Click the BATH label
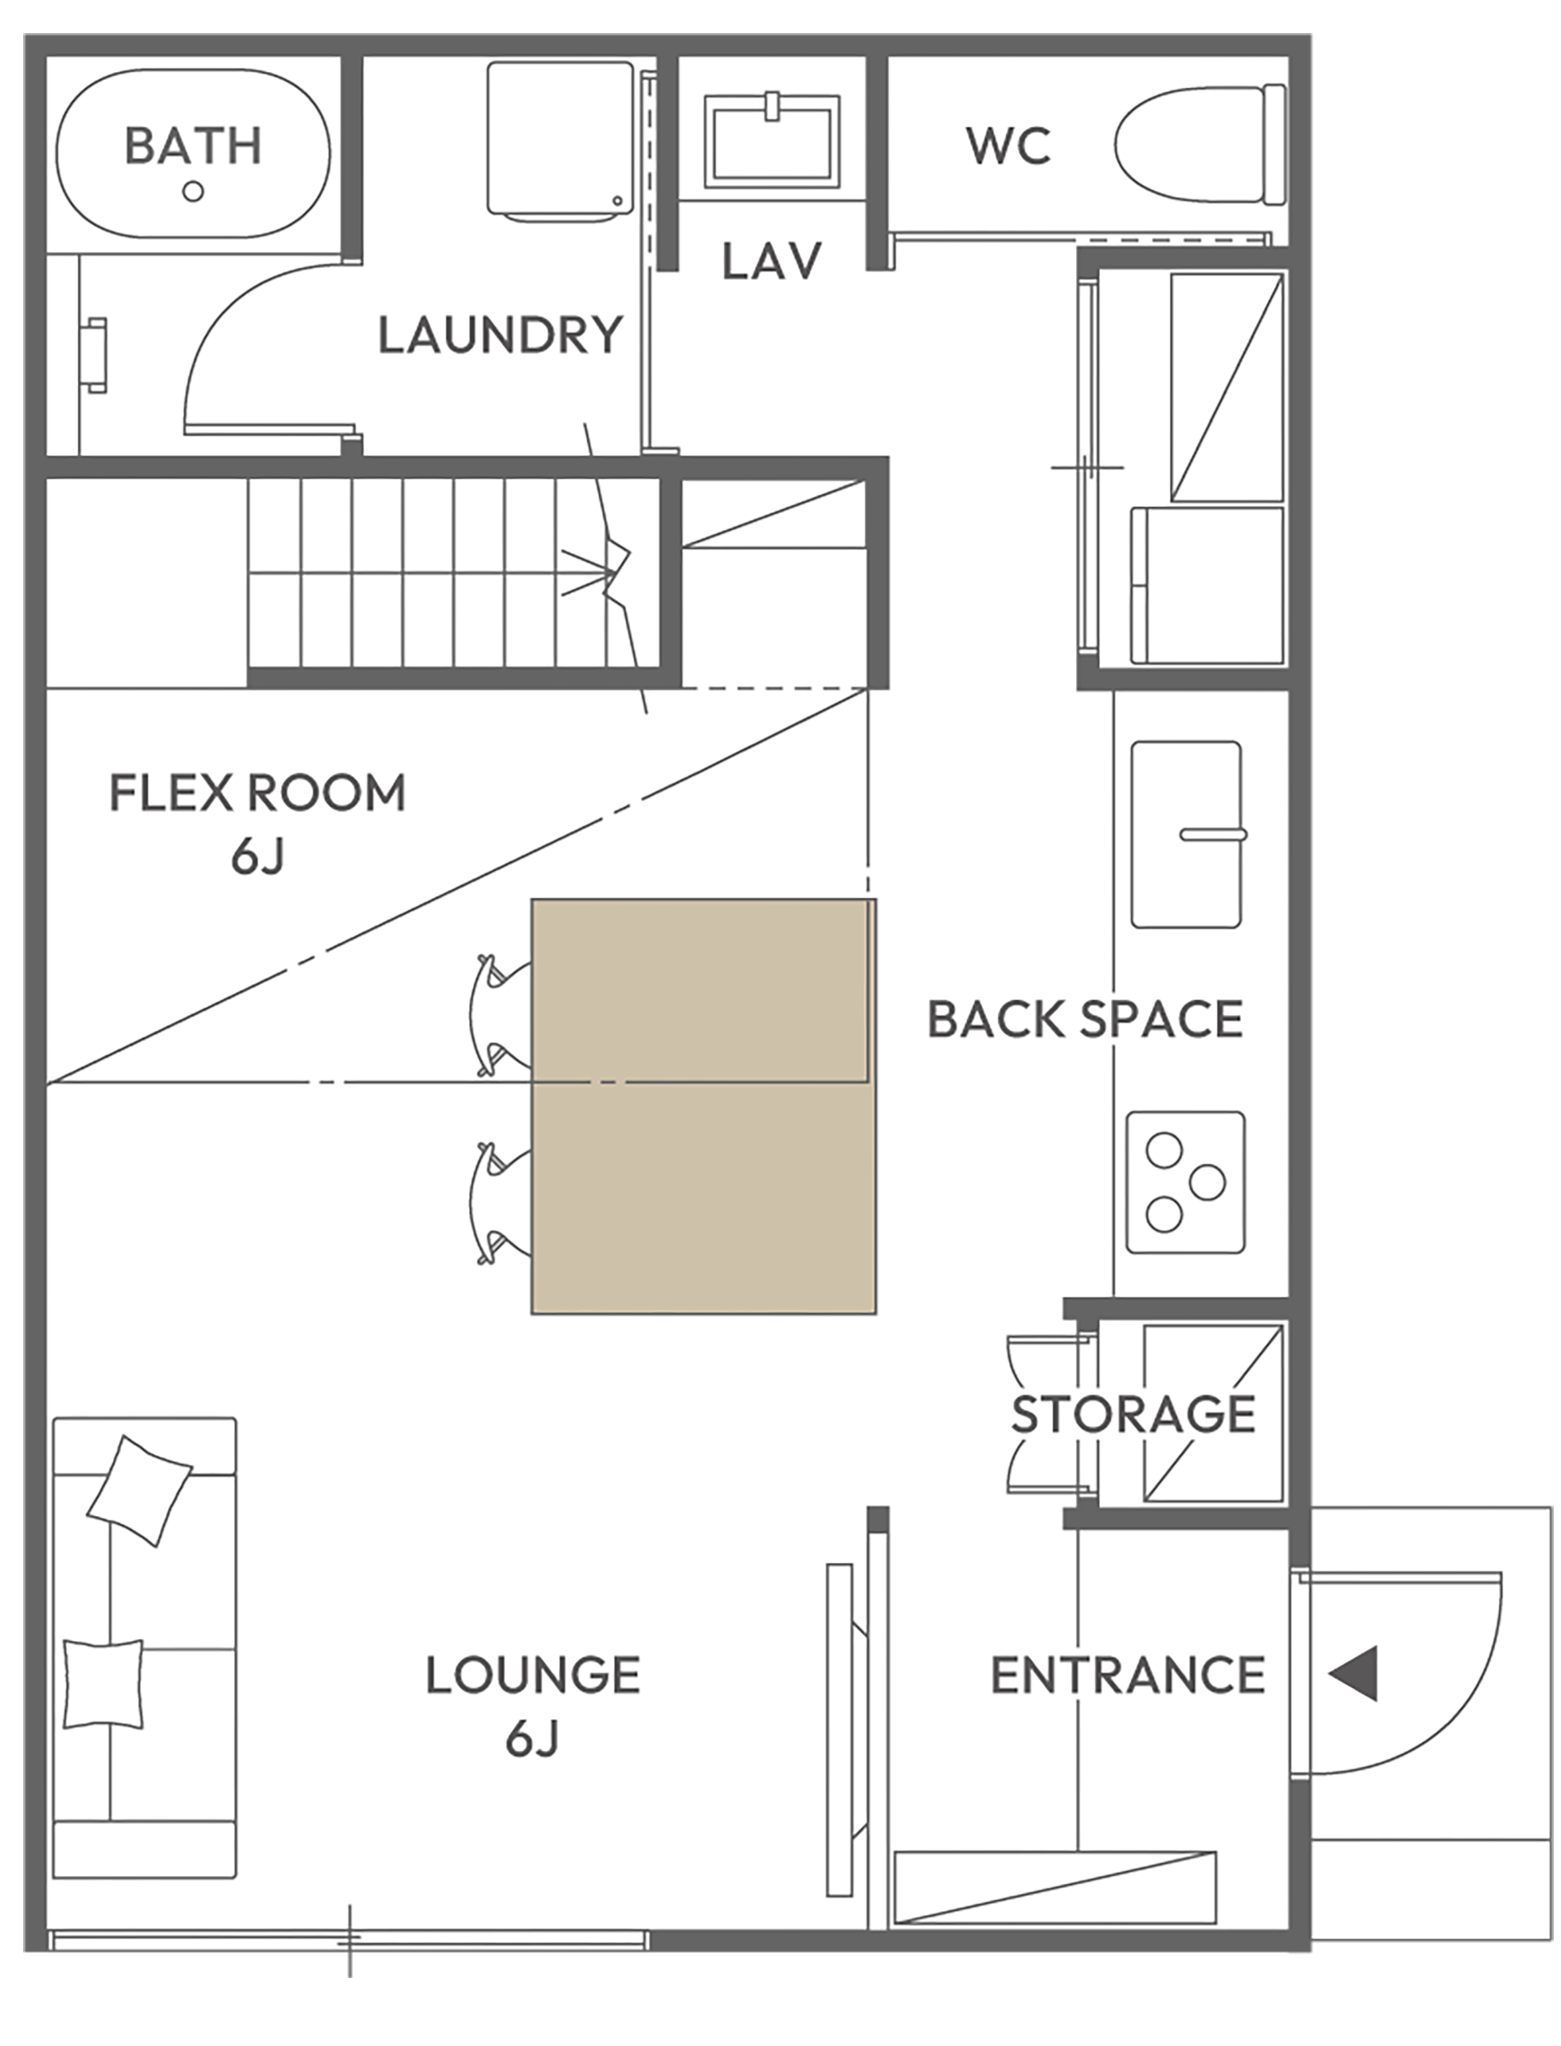193,146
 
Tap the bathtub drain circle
193,192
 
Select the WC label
1008,146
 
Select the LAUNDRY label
500,336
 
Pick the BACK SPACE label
1085,1019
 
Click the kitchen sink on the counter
1186,833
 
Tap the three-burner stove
1186,1182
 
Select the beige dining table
703,1106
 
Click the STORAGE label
1133,1415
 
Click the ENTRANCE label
1128,1675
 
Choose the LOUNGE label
533,1675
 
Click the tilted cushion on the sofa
139,1492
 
